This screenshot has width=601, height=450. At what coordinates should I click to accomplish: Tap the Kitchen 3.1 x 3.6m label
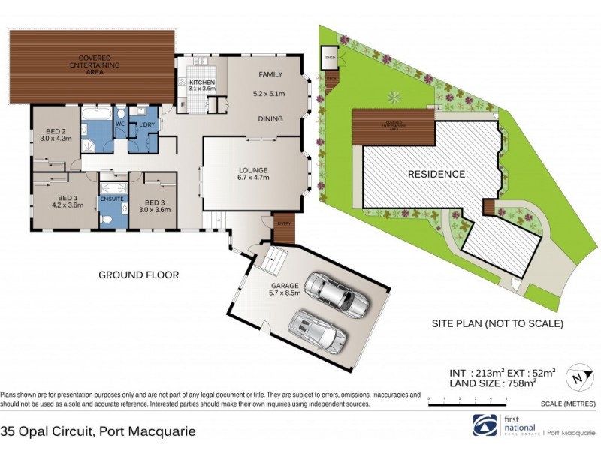[201, 85]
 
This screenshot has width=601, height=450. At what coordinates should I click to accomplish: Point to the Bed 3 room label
[155, 206]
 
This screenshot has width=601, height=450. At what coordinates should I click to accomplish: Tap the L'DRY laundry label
[143, 124]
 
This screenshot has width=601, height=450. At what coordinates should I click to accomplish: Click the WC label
[119, 124]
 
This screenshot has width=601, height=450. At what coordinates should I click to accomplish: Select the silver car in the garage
[318, 330]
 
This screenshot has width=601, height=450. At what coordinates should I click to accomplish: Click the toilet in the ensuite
[107, 219]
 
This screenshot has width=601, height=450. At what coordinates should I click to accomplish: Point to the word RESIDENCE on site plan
[436, 174]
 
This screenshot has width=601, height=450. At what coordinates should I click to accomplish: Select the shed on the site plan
[330, 57]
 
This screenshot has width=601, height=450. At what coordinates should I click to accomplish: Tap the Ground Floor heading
[139, 275]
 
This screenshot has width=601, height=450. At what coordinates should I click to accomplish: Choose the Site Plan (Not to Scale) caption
[496, 324]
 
